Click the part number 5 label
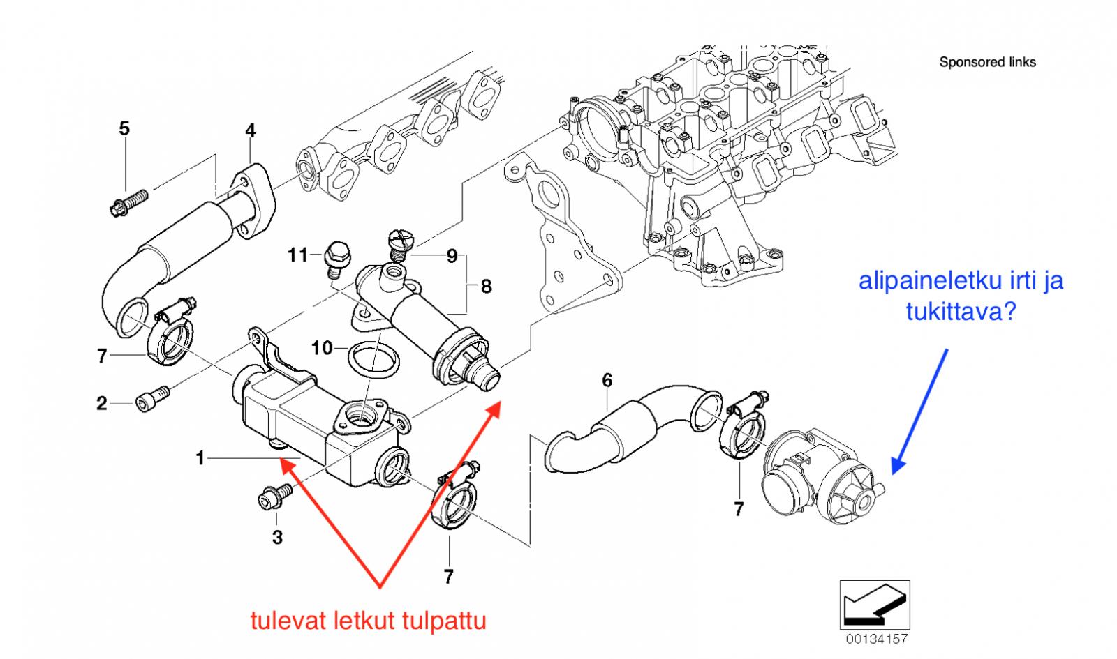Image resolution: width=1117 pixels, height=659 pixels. tap(124, 128)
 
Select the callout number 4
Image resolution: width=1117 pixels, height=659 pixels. tap(250, 130)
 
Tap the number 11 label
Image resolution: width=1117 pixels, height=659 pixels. tap(298, 255)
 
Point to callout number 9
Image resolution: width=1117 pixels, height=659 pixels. tap(452, 257)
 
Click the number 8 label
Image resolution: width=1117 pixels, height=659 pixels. tap(486, 286)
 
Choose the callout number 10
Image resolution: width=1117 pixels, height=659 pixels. tap(322, 347)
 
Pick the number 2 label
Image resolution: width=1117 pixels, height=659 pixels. tap(102, 403)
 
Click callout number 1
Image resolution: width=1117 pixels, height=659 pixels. tap(200, 458)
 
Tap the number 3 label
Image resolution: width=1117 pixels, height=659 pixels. tap(277, 537)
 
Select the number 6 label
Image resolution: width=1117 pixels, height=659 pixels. tap(607, 380)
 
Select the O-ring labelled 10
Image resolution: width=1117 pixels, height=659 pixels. tap(373, 363)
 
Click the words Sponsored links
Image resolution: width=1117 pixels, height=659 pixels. tap(987, 62)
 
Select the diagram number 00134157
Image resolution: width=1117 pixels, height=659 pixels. tap(877, 639)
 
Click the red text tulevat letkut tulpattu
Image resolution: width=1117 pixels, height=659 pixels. tap(369, 620)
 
